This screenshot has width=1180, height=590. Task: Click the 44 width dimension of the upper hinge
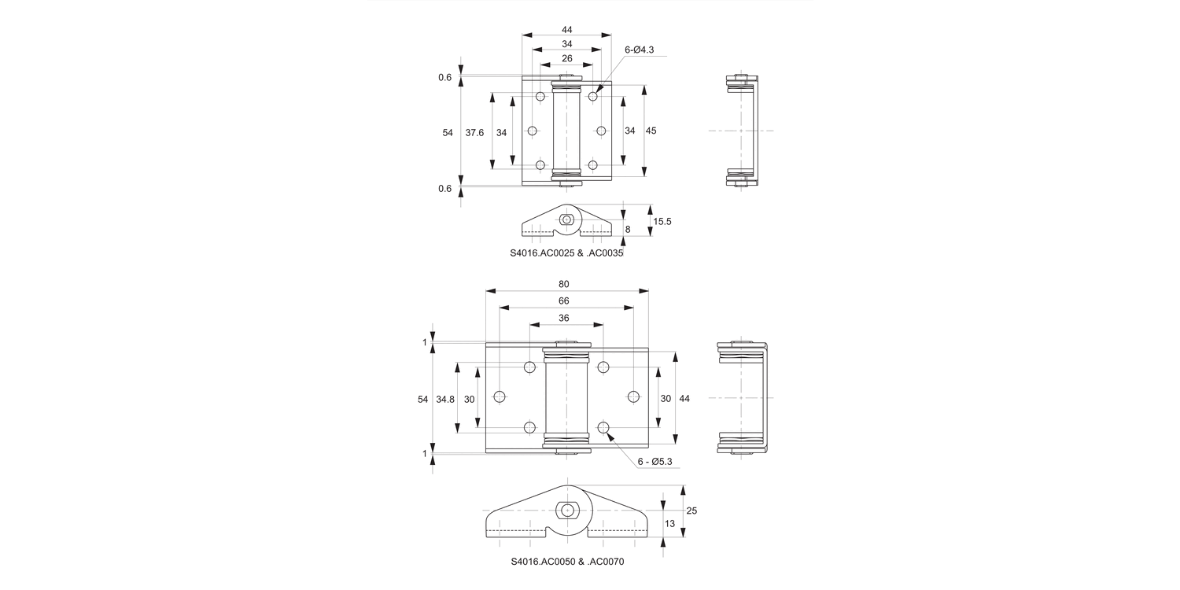pos(566,30)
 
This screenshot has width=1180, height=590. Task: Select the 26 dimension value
pos(566,58)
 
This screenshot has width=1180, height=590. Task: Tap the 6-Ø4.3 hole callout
pos(639,50)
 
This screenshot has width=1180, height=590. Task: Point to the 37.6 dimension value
pos(474,132)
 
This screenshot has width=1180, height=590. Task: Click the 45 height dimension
pos(651,131)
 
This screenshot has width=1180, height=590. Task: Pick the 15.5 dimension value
pos(662,222)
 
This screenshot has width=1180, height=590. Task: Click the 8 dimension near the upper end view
pos(627,229)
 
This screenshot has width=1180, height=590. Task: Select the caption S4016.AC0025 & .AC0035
pos(566,254)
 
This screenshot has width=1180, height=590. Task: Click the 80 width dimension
pos(563,284)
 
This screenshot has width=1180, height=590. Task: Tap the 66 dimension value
pos(563,301)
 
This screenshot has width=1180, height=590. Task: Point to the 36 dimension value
pos(563,319)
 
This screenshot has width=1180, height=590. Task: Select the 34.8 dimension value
pos(445,400)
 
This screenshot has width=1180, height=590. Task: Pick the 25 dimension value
pos(691,511)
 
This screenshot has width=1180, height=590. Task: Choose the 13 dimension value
pos(669,524)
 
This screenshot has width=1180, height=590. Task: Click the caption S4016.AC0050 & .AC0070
pos(567,562)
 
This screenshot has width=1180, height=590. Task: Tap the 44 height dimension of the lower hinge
pos(684,399)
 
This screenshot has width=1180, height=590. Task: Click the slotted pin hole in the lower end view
pos(566,510)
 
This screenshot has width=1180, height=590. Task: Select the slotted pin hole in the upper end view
pos(566,220)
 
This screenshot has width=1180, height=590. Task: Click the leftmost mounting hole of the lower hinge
pos(500,396)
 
